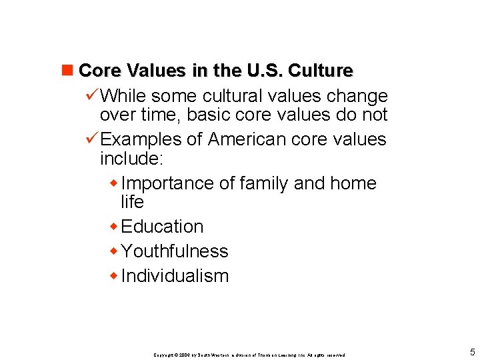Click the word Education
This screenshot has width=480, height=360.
click(163, 227)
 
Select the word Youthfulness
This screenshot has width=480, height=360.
click(175, 251)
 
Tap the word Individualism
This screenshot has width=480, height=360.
click(175, 276)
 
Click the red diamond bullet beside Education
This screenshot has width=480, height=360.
click(115, 227)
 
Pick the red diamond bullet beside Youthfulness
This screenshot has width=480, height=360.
click(115, 252)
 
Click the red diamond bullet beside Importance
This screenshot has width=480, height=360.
click(115, 183)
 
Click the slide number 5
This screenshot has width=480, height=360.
click(472, 352)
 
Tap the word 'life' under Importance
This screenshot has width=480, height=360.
click(132, 201)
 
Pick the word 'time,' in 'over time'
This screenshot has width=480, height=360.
click(160, 115)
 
